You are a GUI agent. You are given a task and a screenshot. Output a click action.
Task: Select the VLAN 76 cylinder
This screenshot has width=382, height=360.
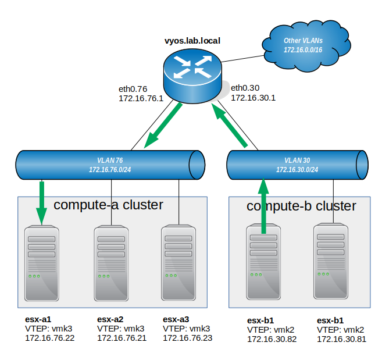(x=110, y=165)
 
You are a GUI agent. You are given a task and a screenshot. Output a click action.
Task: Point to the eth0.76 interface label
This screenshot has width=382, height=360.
(x=133, y=89)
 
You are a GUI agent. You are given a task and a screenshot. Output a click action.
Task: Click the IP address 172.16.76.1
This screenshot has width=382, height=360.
(x=141, y=99)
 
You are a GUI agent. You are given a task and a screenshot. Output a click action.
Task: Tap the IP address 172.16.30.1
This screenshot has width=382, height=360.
(x=253, y=98)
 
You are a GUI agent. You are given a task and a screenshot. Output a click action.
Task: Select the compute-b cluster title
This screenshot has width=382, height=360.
(x=301, y=206)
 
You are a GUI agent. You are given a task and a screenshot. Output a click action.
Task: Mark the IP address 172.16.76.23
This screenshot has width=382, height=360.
(x=187, y=338)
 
